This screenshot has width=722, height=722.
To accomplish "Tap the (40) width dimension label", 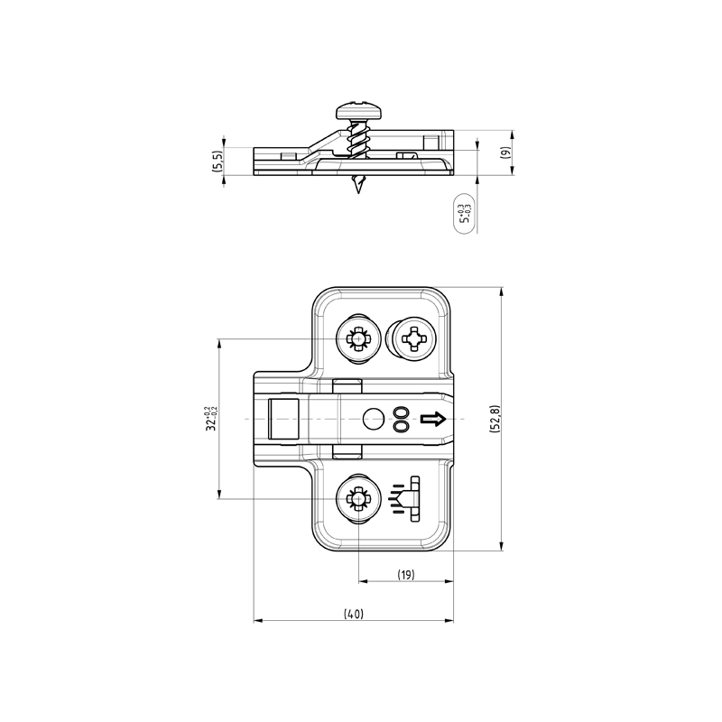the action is pyautogui.click(x=354, y=614).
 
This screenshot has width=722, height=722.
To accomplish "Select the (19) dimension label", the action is pyautogui.click(x=406, y=575).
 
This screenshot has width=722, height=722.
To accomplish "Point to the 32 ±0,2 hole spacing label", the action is pyautogui.click(x=211, y=418).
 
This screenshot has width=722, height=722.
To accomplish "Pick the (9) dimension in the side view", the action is pyautogui.click(x=505, y=153).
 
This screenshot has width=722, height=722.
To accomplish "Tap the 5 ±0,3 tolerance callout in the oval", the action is pyautogui.click(x=464, y=213).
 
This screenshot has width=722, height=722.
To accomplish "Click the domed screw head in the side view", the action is pyautogui.click(x=358, y=110).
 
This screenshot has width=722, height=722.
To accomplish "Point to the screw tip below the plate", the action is pyautogui.click(x=357, y=184).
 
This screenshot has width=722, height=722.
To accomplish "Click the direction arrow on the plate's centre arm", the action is pyautogui.click(x=433, y=419).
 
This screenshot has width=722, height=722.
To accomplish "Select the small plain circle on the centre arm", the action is pyautogui.click(x=374, y=419).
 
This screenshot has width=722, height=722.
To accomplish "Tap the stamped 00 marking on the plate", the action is pyautogui.click(x=402, y=419).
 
